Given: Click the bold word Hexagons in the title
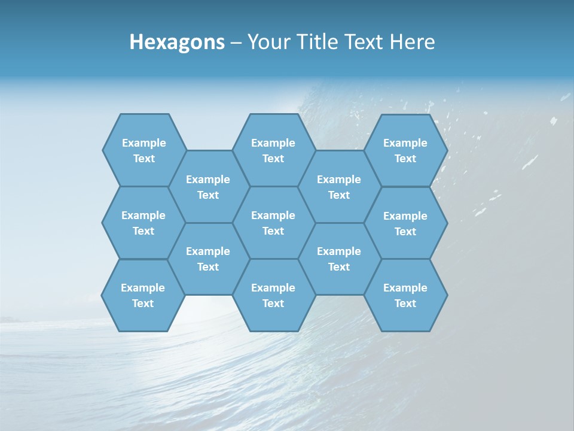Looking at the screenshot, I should point(177,42).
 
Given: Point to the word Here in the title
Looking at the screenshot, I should point(412,42).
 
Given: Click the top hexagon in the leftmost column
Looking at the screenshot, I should point(144,150).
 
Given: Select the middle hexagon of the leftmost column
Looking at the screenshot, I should point(143,223).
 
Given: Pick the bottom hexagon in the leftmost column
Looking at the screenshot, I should point(143,295).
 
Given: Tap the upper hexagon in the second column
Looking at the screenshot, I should point(208,187).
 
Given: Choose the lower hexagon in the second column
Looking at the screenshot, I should point(208,259).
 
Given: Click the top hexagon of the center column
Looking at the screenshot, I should point(273,150).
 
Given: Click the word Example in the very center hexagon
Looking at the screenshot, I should point(273,215).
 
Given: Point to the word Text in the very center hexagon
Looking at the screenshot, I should point(273,231).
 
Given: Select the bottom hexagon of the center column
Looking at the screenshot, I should point(273,295).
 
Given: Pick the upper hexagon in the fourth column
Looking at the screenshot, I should point(339,187).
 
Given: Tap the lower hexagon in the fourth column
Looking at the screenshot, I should point(339,259).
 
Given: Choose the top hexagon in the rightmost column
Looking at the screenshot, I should point(405,150).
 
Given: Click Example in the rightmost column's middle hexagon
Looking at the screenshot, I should point(405,216).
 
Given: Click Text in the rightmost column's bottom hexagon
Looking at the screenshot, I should point(405,303).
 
